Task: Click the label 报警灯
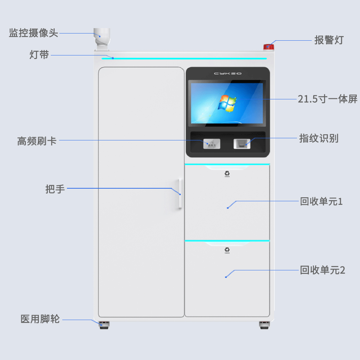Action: tap(329, 40)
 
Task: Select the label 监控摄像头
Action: tap(33, 33)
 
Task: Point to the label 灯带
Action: tap(39, 55)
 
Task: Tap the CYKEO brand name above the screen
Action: tap(228, 73)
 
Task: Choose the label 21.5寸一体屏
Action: tap(328, 99)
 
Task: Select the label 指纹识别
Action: tap(319, 138)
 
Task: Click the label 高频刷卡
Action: tap(37, 141)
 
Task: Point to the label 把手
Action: tap(55, 189)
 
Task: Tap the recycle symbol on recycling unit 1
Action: tap(227, 174)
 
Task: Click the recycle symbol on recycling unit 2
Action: tap(227, 250)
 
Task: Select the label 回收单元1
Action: tap(321, 202)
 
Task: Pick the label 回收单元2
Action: tap(323, 270)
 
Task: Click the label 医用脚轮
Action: tap(40, 319)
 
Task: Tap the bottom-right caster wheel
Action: tap(264, 325)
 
